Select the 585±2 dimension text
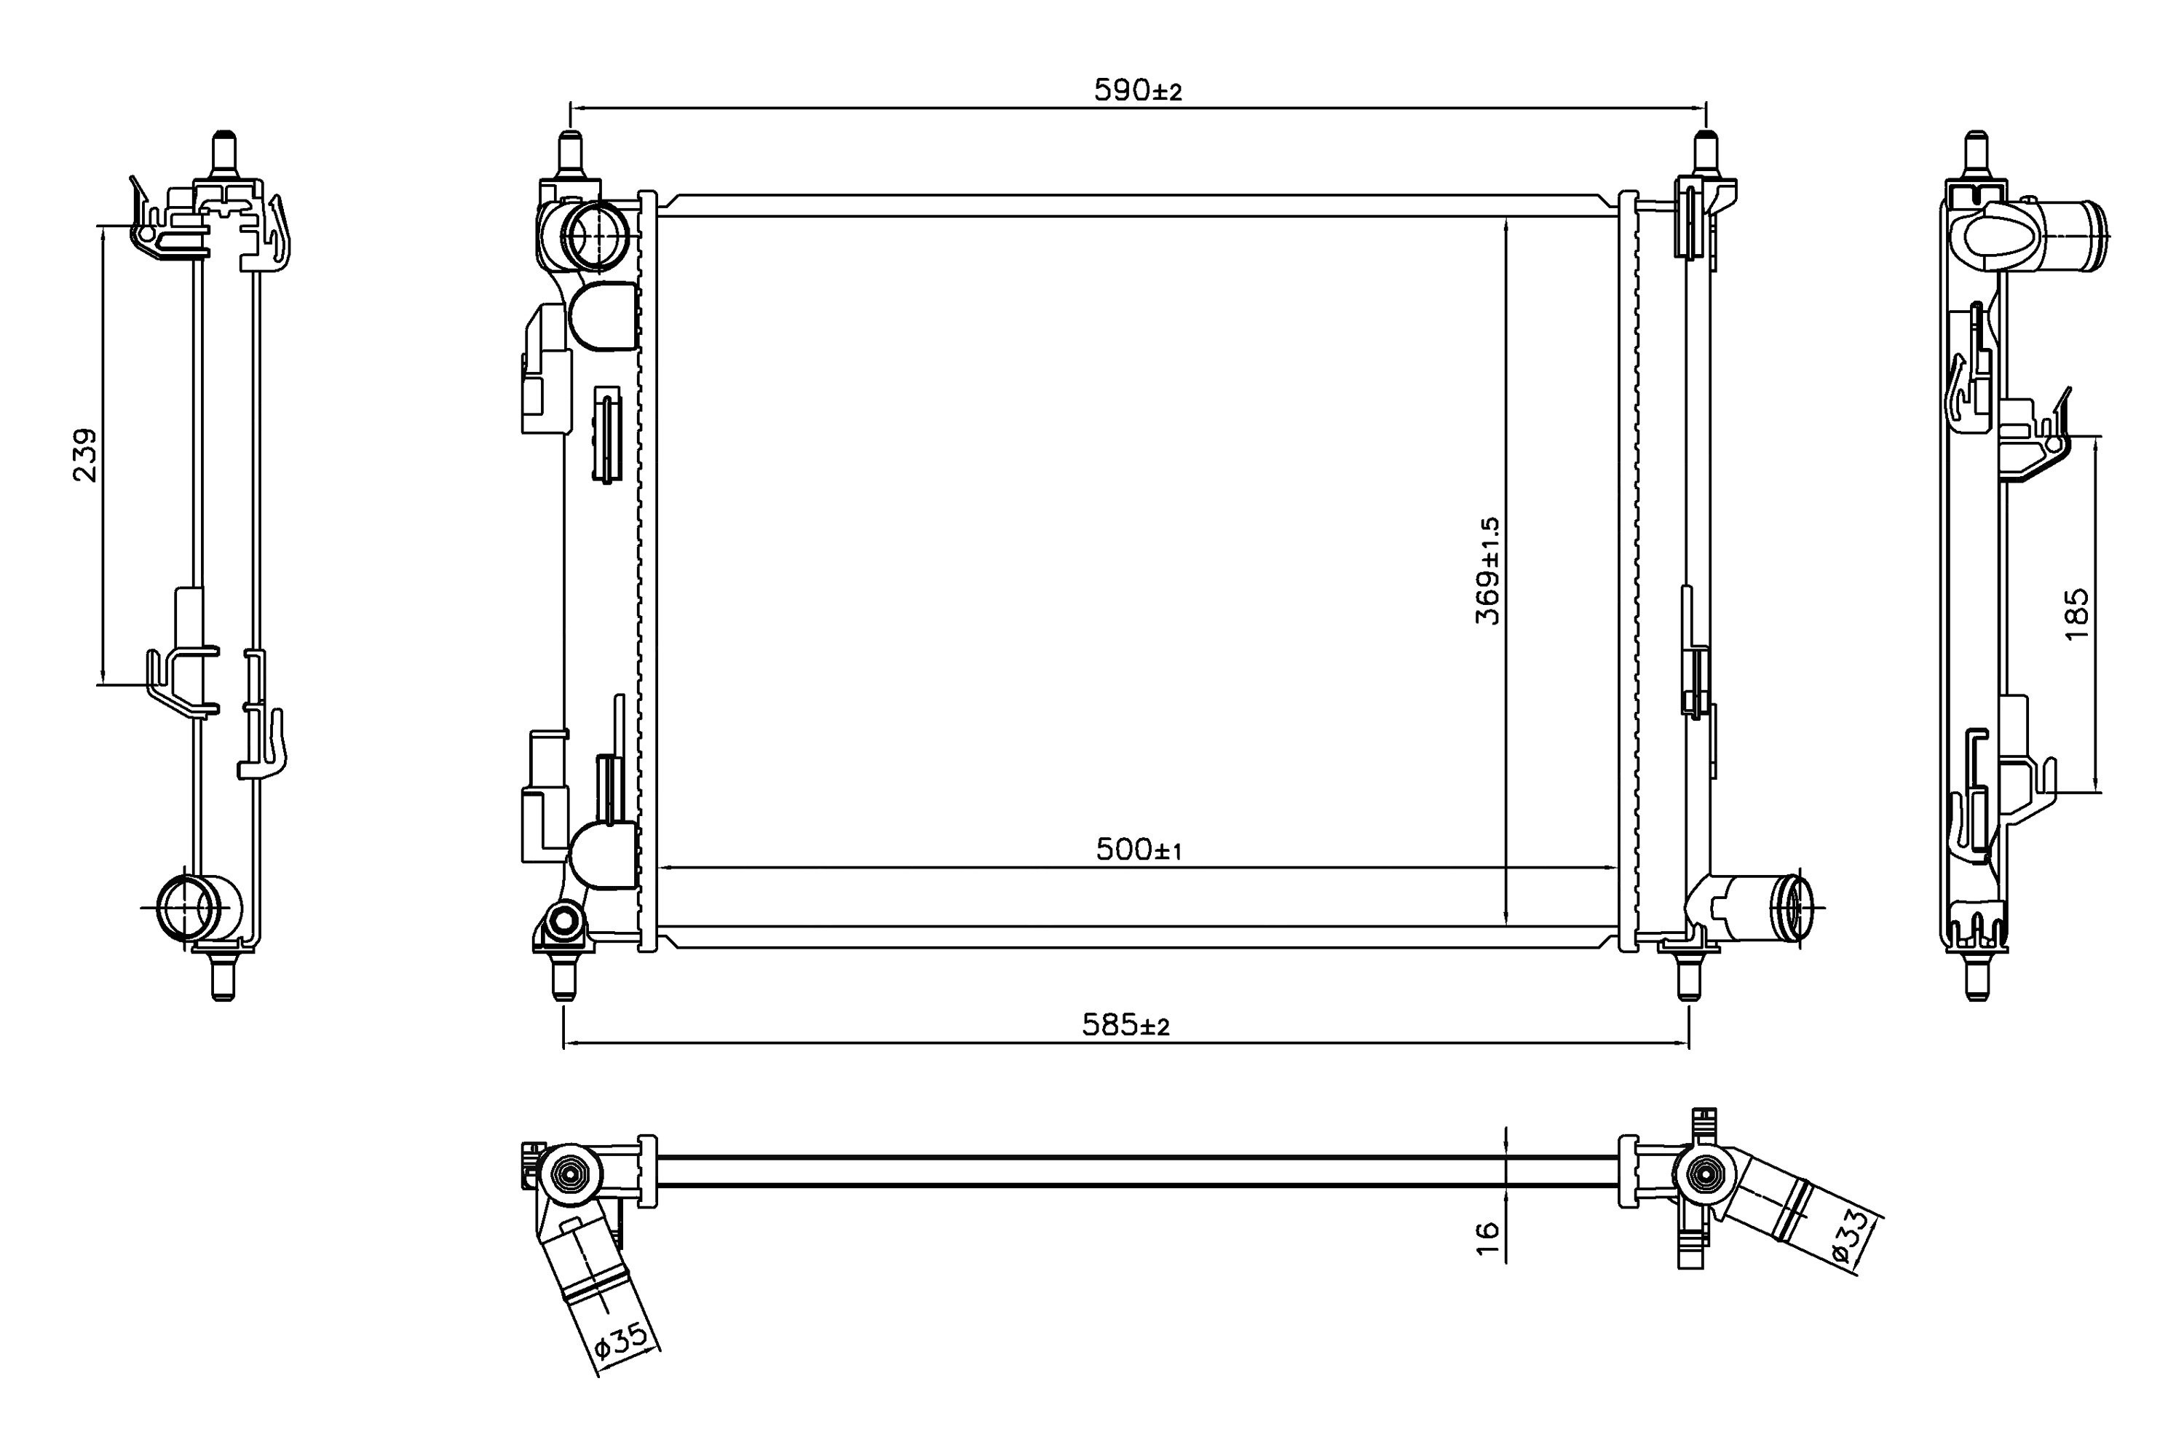(1125, 1025)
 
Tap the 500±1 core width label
(1139, 849)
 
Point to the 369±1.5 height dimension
(1487, 570)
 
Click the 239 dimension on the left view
(84, 454)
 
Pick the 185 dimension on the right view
(2076, 613)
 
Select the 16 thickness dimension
(1487, 1239)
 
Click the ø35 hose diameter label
(620, 1341)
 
